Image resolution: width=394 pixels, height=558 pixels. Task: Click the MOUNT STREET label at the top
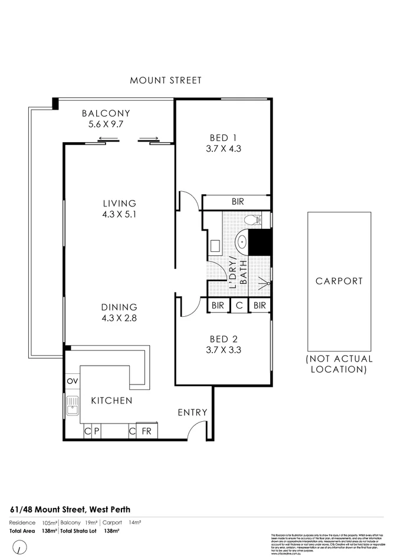click(x=166, y=80)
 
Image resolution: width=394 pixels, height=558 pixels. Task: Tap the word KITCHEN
click(x=111, y=401)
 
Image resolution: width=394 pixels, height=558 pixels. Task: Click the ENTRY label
click(x=192, y=412)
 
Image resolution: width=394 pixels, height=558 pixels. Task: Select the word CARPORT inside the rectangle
click(x=339, y=281)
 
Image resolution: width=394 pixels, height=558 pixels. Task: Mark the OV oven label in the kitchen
click(x=73, y=381)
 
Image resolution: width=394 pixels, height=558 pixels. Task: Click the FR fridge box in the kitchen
click(x=146, y=432)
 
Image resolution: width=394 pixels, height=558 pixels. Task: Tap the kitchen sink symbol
click(x=73, y=406)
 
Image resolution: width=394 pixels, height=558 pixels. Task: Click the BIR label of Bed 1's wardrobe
click(x=237, y=202)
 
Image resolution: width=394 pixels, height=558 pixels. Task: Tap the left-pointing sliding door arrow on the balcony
click(x=107, y=140)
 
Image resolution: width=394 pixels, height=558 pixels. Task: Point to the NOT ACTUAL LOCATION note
click(x=339, y=364)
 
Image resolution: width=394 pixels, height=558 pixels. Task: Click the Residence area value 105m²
click(x=48, y=523)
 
